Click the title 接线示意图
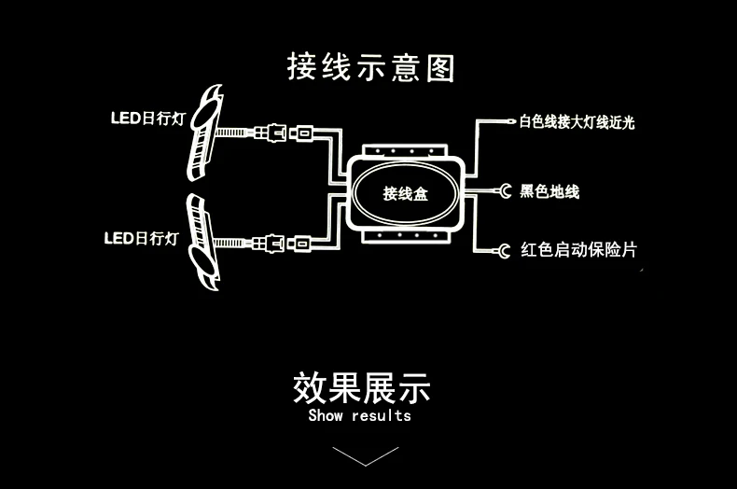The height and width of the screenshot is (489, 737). [x=371, y=67]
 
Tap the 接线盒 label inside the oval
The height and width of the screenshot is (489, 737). [x=405, y=193]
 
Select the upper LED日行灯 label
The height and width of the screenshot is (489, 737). [x=148, y=118]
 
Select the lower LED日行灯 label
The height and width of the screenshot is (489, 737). [x=142, y=238]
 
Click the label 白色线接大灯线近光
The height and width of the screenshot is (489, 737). [x=577, y=121]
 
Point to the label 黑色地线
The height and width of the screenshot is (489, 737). [x=549, y=191]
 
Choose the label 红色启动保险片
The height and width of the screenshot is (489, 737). [x=578, y=250]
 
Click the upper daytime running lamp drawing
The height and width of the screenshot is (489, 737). [x=205, y=133]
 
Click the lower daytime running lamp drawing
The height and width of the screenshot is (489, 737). [x=203, y=242]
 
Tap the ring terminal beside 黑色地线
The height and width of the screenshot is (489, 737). [x=505, y=191]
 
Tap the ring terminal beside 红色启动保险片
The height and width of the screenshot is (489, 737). [x=503, y=251]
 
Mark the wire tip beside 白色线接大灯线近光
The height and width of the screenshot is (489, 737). [x=512, y=121]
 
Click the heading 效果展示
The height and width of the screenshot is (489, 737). [x=361, y=388]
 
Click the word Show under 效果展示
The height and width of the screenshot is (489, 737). [x=326, y=415]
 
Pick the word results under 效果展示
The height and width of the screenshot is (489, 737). [x=382, y=415]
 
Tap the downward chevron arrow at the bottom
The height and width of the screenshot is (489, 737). [x=366, y=456]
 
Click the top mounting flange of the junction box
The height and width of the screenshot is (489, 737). [x=405, y=151]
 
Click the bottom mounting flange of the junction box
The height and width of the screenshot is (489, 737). [x=405, y=235]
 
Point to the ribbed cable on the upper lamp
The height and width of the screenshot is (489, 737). [x=230, y=133]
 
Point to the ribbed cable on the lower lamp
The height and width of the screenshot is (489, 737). [x=229, y=243]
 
